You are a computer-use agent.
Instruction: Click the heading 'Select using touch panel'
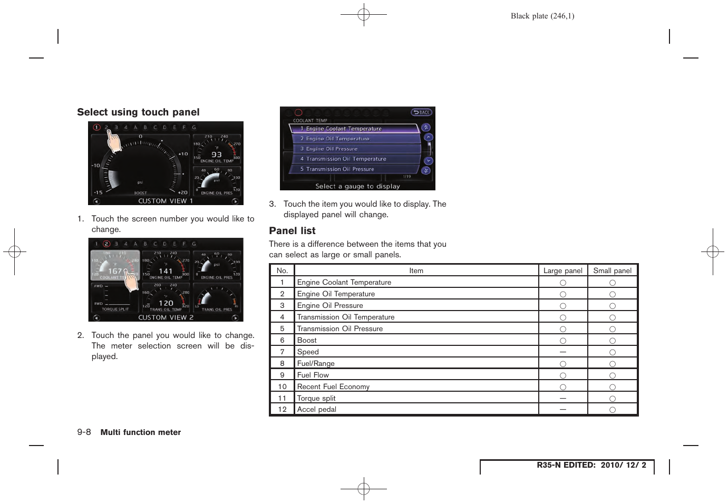pyautogui.click(x=138, y=112)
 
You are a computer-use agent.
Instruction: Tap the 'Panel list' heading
pyautogui.click(x=292, y=231)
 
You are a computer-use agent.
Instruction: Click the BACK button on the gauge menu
pyautogui.click(x=421, y=112)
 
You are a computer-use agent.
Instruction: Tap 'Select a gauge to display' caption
pyautogui.click(x=357, y=186)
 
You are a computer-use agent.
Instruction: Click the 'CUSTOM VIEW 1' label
pyautogui.click(x=166, y=201)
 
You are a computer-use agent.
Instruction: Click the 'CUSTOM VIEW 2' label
pyautogui.click(x=166, y=317)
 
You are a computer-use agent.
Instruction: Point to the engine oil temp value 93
pyautogui.click(x=217, y=154)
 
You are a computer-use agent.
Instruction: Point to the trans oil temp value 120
pyautogui.click(x=166, y=303)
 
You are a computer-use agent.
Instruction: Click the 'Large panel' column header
pyautogui.click(x=562, y=270)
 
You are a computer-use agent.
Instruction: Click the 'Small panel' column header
pyautogui.click(x=612, y=270)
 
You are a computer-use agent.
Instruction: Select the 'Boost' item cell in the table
pyautogui.click(x=307, y=341)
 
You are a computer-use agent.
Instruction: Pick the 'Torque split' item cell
pyautogui.click(x=316, y=399)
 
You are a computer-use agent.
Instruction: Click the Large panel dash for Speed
pyautogui.click(x=563, y=352)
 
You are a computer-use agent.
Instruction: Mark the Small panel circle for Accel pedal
pyautogui.click(x=613, y=410)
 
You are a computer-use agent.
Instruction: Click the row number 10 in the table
pyautogui.click(x=282, y=387)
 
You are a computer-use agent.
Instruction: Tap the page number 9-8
pyautogui.click(x=84, y=432)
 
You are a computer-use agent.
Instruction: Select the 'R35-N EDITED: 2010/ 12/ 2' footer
pyautogui.click(x=591, y=465)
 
